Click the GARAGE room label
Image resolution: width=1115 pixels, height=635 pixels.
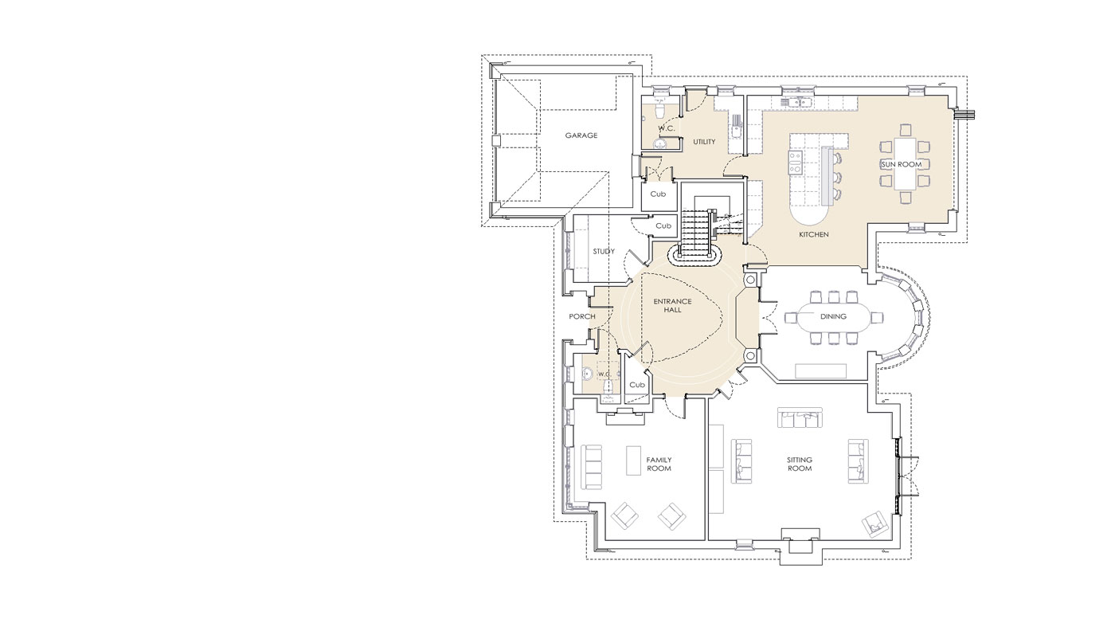pos(581,135)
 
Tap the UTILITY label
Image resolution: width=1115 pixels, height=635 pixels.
pos(704,142)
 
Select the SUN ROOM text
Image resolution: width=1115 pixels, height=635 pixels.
pos(902,164)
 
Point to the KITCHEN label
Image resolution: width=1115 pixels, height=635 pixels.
pos(814,234)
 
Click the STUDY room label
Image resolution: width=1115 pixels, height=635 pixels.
pos(604,252)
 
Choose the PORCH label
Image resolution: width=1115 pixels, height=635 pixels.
pos(582,316)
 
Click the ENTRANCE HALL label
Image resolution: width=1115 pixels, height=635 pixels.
pos(672,305)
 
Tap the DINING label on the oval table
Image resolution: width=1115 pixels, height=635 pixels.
pos(833,316)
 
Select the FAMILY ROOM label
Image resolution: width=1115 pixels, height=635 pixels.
pos(659,464)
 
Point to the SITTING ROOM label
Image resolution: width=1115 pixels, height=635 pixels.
pos(800,464)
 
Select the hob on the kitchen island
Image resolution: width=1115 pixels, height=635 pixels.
pos(795,163)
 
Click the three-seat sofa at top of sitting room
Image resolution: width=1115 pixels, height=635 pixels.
pos(800,417)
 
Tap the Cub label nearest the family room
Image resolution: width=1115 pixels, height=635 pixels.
pos(637,385)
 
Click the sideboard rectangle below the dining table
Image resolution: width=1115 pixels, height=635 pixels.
pos(820,371)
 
